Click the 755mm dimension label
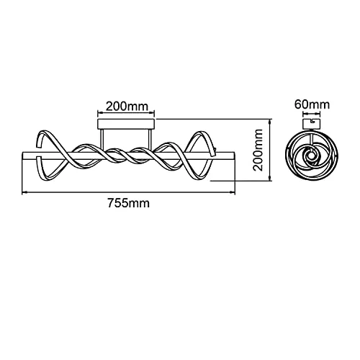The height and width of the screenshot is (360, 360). click(128, 203)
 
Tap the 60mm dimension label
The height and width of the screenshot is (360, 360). click(312, 104)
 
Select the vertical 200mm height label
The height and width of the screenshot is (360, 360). click(258, 150)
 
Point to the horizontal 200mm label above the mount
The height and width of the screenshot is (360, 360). click(127, 107)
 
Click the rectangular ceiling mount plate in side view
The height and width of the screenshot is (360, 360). click(126, 124)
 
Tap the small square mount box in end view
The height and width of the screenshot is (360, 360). click(312, 124)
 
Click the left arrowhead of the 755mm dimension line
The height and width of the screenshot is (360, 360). click(24, 192)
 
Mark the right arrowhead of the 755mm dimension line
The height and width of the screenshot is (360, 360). click(233, 192)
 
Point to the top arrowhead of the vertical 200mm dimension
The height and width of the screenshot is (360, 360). click(271, 121)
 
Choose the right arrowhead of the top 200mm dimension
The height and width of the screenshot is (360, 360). click(152, 112)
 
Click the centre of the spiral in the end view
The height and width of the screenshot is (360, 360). click(312, 156)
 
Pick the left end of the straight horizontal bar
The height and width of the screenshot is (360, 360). click(22, 156)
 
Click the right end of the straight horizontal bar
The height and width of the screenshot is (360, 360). click(235, 156)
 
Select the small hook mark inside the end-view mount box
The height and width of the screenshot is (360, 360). click(312, 121)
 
